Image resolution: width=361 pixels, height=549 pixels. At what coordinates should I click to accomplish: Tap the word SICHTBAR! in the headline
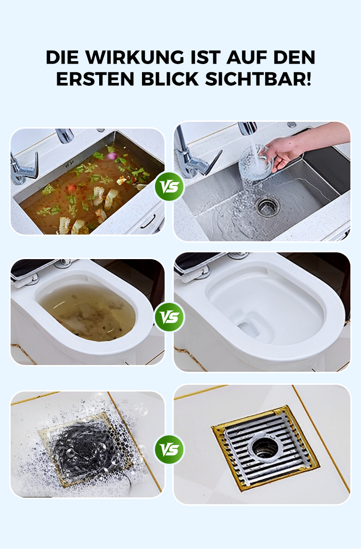point(258,79)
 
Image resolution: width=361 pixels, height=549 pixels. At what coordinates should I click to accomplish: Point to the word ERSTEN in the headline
point(95,79)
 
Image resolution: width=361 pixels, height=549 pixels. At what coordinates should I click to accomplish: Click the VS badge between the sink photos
point(169,186)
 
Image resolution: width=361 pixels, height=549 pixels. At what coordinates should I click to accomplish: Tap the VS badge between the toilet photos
point(169,317)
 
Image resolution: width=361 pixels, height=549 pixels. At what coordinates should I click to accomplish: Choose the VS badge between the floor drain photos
point(169,450)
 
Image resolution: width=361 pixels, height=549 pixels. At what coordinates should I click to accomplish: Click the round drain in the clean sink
point(268,207)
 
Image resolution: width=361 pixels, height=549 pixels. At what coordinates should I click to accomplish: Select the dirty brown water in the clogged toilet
point(87,312)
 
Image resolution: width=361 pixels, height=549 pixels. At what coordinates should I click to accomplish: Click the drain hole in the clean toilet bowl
point(249,329)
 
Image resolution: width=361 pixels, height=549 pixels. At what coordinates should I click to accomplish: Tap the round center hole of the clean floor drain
point(266,447)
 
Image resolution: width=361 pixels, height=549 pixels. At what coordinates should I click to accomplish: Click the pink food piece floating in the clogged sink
point(112,156)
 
